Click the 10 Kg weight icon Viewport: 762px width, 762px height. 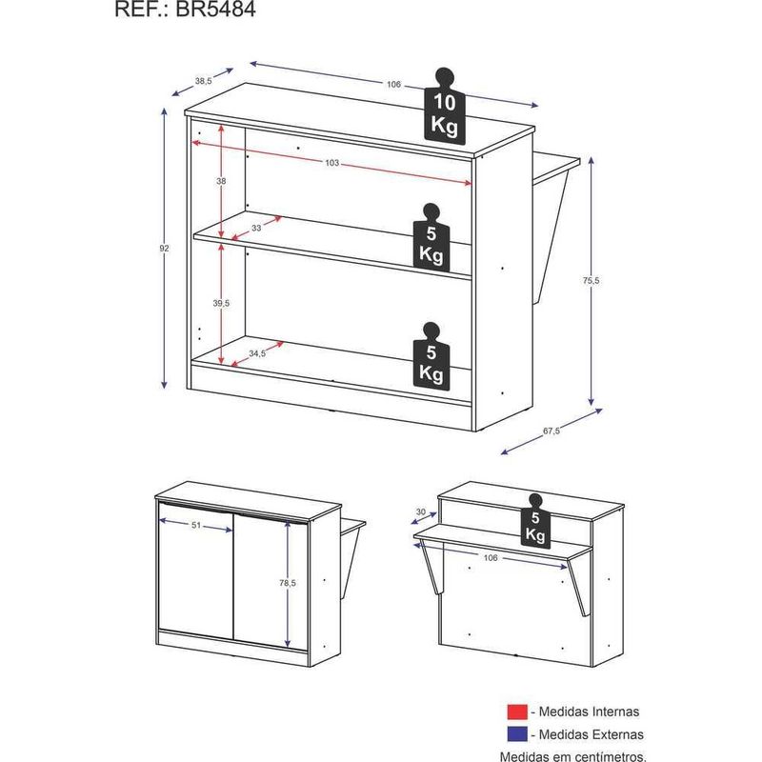tap(445, 107)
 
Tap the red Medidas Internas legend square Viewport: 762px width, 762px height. tap(516, 712)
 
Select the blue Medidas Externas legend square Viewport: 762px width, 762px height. tap(516, 734)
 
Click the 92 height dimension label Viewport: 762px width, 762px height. tap(164, 249)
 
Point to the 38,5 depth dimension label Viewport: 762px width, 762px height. tap(203, 81)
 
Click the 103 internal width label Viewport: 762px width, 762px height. tap(331, 163)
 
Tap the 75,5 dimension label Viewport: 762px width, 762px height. tap(591, 280)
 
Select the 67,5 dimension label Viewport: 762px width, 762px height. tap(551, 431)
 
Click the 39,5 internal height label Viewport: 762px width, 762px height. tap(221, 303)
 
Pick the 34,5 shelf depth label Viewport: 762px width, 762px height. tap(257, 353)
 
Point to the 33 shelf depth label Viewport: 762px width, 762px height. tap(256, 228)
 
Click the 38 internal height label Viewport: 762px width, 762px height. tap(221, 181)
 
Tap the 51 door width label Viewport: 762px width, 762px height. tap(196, 526)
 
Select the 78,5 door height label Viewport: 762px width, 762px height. tap(288, 583)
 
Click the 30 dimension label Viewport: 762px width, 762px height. tap(421, 512)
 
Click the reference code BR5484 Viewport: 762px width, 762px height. tap(215, 10)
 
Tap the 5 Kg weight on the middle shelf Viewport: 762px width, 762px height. tap(431, 237)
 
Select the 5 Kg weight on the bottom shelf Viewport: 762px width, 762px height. tap(431, 356)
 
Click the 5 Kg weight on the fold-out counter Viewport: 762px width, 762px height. tap(535, 521)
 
